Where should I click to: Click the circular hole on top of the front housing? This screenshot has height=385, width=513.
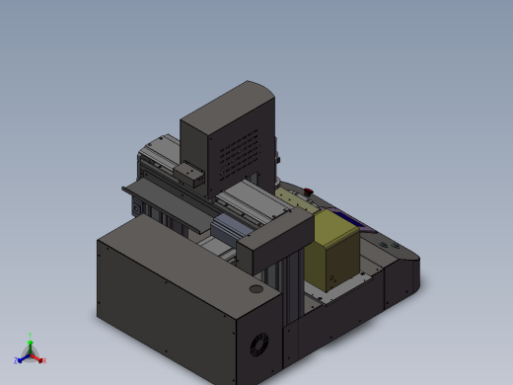(256, 290)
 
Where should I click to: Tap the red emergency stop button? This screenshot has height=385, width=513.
(308, 190)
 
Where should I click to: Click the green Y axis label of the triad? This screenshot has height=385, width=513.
(31, 336)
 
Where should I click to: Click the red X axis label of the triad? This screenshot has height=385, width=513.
(44, 360)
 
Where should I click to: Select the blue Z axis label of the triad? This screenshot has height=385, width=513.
(17, 361)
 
